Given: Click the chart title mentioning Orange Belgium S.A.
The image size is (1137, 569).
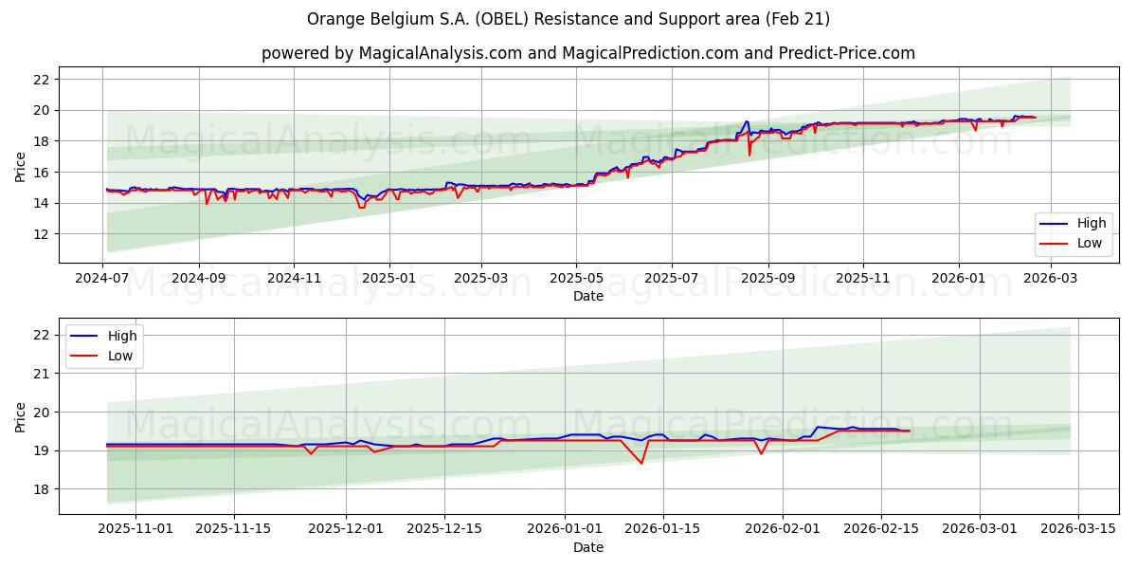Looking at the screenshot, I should click(568, 19).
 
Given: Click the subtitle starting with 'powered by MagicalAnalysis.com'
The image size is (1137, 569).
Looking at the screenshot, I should click(587, 53).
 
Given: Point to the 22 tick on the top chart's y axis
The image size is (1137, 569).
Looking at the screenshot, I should click(42, 80).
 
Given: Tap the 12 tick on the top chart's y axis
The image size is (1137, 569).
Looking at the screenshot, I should click(42, 234).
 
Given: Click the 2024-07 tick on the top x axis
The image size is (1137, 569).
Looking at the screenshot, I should click(103, 280).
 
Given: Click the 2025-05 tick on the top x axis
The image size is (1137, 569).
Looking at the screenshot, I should click(576, 280).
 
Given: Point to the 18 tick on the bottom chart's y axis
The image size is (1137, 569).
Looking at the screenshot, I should click(42, 489).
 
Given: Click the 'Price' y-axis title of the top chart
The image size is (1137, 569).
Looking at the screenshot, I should click(21, 165).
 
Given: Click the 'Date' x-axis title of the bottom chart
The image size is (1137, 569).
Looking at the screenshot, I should click(587, 547).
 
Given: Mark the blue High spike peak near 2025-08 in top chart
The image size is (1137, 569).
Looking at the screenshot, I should click(747, 121).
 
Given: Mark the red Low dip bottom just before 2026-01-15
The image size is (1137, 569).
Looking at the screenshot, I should click(641, 463).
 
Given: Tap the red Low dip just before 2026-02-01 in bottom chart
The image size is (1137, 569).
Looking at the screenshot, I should click(761, 453).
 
